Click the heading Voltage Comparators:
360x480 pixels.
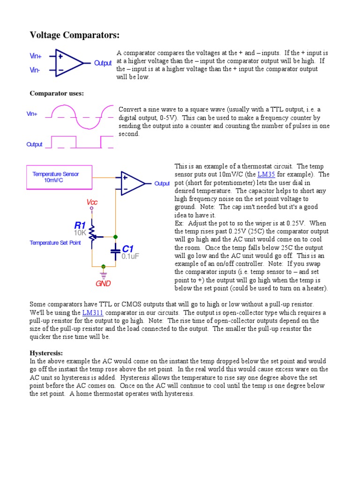(75, 35)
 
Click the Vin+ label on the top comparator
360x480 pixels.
(36, 56)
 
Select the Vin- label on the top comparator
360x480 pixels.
(35, 70)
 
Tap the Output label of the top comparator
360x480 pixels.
(103, 63)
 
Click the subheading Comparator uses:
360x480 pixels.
(57, 93)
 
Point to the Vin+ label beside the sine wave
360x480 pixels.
(32, 114)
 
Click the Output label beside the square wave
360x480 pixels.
(34, 144)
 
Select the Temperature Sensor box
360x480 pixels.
(55, 177)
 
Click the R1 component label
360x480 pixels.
(80, 225)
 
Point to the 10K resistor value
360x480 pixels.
(80, 232)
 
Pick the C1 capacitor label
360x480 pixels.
(128, 248)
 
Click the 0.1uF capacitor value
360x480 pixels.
(130, 256)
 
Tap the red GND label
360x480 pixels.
(103, 284)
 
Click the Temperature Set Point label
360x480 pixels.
(55, 243)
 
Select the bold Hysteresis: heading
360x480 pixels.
(46, 353)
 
